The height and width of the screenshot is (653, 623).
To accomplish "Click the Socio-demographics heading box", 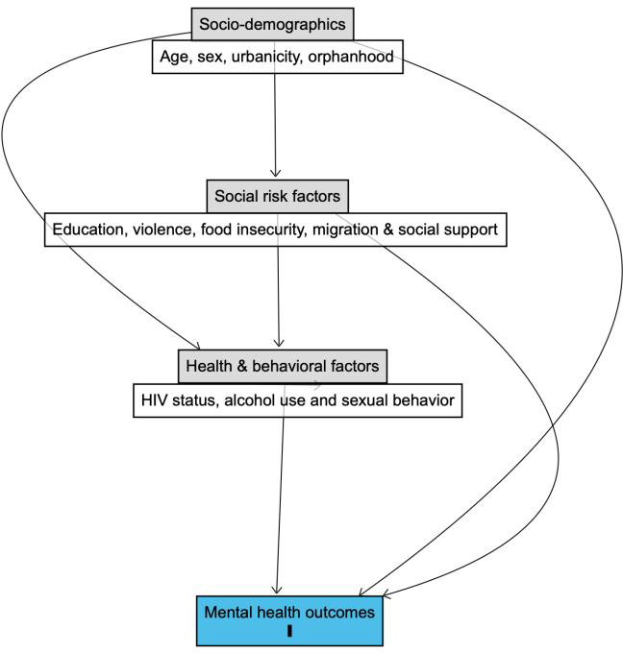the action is pyautogui.click(x=272, y=24).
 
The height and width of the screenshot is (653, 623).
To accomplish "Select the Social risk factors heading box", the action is pyautogui.click(x=277, y=196).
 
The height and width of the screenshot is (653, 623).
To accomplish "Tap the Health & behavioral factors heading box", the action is pyautogui.click(x=283, y=367).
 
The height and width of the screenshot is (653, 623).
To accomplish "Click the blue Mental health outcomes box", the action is pyautogui.click(x=289, y=621).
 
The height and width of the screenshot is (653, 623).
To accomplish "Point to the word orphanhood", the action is pyautogui.click(x=351, y=57).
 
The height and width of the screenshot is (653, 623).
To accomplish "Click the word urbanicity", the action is pyautogui.click(x=266, y=57).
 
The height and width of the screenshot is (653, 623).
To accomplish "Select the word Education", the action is pyautogui.click(x=88, y=230).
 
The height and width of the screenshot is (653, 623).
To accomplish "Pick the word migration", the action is pyautogui.click(x=344, y=230).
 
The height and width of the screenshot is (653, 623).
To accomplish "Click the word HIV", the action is pyautogui.click(x=154, y=400).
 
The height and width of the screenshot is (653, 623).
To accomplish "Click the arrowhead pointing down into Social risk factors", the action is pyautogui.click(x=275, y=173).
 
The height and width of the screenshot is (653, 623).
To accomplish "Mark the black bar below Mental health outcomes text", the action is pyautogui.click(x=289, y=631).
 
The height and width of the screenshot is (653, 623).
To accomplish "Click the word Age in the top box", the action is pyautogui.click(x=172, y=57).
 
